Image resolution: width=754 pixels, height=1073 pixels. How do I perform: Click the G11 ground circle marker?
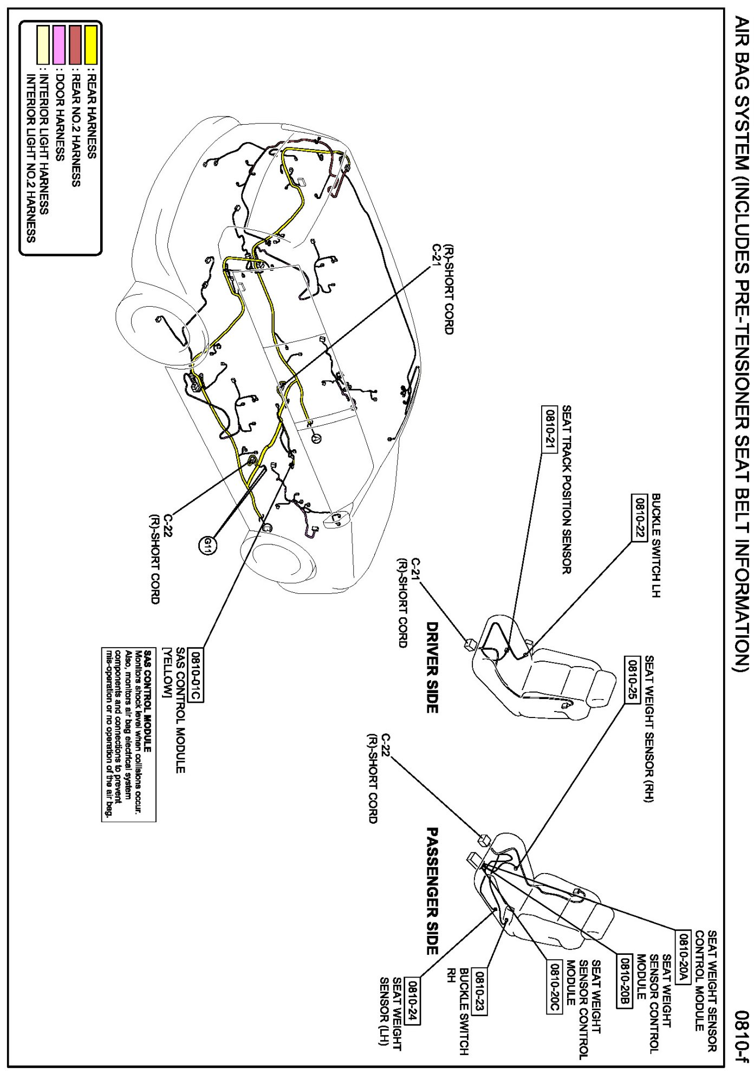[x=208, y=545]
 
